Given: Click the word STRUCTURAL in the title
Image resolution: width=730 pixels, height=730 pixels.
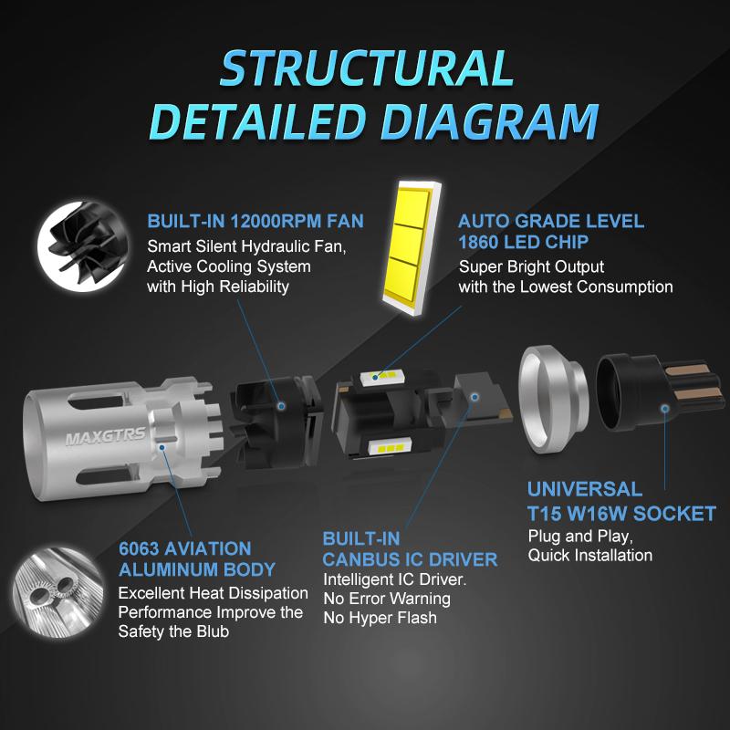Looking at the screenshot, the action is tap(367, 68).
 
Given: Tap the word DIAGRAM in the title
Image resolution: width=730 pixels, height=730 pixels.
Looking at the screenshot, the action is tap(490, 121).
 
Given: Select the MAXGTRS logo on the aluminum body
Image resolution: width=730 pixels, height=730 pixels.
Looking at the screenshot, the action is tap(106, 436).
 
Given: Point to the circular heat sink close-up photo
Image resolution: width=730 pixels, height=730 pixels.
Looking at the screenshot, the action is tap(59, 592).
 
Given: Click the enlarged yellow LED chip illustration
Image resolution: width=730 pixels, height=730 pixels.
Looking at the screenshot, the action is tap(412, 247).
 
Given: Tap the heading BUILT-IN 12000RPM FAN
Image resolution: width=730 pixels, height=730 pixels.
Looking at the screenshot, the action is tap(255, 221).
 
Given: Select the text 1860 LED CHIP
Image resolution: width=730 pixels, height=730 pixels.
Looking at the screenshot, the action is tap(523, 242).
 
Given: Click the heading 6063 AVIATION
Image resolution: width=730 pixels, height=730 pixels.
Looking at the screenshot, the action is tap(185, 548).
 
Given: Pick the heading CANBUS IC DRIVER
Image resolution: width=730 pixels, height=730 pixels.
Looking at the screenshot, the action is tap(410, 559).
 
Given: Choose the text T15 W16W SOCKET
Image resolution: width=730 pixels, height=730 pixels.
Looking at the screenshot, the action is tap(621, 514).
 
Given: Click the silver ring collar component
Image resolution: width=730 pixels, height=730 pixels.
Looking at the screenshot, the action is tap(553, 400).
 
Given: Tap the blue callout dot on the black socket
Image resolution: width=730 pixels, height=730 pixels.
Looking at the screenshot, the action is tap(665, 408).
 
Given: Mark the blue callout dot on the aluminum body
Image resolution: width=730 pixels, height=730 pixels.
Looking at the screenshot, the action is tap(162, 447).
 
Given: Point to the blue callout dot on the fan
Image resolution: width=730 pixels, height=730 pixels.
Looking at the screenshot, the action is tap(281, 406).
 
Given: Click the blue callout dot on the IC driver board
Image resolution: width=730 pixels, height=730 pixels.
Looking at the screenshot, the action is tap(474, 397).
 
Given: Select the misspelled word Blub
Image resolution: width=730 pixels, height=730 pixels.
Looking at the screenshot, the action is tap(213, 631).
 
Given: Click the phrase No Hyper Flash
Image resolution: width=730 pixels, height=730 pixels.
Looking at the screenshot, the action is tap(380, 618).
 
